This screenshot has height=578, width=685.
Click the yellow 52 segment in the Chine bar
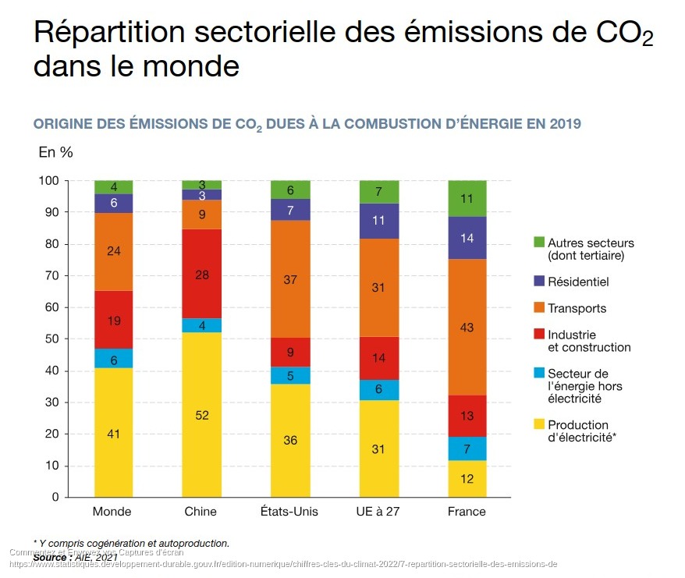coord(201,415)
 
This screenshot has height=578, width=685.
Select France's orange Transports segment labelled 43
coord(467,328)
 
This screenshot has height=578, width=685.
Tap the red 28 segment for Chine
coord(201,274)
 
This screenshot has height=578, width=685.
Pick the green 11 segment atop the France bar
coord(467,198)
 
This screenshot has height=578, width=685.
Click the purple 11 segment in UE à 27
coord(379,221)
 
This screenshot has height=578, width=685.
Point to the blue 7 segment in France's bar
coord(467,449)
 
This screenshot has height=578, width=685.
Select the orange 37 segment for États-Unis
coord(290,279)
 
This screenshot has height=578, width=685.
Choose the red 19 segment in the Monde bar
coord(113,320)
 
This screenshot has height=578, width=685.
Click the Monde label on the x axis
coord(112,512)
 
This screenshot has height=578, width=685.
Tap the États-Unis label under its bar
coord(289,512)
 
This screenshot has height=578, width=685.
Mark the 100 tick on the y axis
coord(48,180)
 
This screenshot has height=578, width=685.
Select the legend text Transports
coord(577,308)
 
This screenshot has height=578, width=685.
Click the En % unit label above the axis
coord(55,153)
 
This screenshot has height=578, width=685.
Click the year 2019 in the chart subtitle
coord(565,124)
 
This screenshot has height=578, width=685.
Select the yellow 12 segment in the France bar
coord(467,479)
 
